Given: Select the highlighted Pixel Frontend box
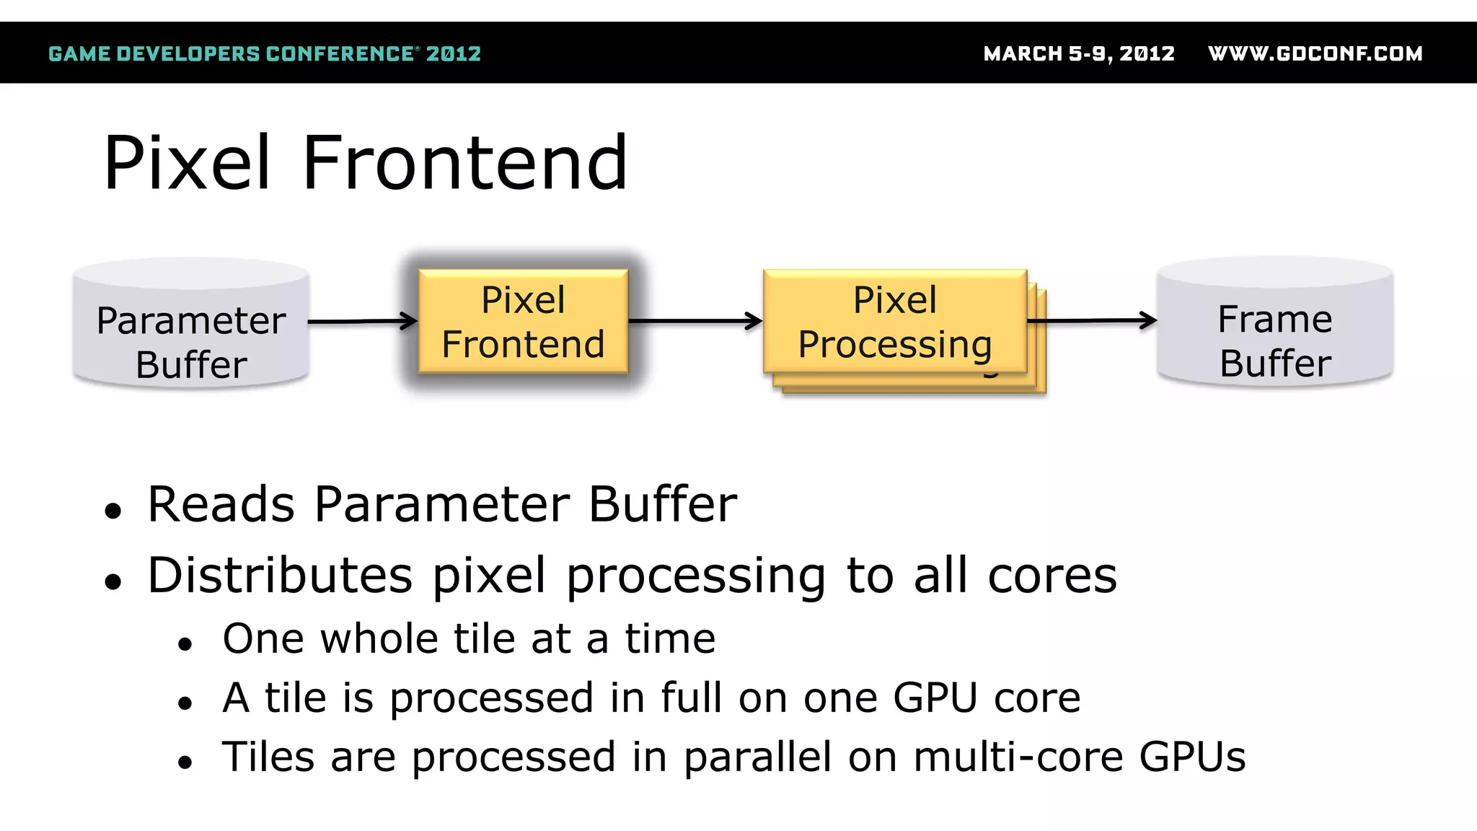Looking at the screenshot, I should point(523,322).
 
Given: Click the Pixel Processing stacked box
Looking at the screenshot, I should point(894,322).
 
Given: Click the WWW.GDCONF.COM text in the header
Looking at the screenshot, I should point(1315,54).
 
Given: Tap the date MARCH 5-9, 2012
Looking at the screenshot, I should point(1079,54).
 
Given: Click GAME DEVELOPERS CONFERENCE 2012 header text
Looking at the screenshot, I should point(264,54).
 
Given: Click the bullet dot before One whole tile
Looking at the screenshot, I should point(185,643).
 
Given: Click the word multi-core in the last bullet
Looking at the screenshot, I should point(1018,757).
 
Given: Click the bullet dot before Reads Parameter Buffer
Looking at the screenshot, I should point(113,511).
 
